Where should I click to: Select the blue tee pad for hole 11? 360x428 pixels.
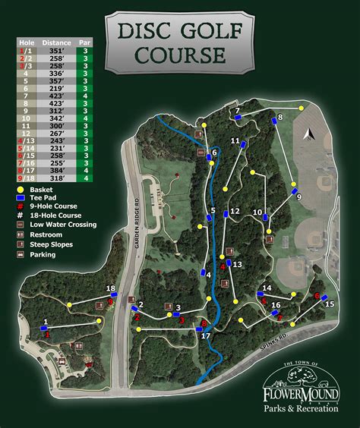click(x=243, y=143)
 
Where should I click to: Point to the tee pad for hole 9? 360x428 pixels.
click(x=294, y=191)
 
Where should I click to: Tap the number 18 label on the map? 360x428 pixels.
click(x=111, y=288)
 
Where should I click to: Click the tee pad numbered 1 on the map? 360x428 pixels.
click(x=44, y=329)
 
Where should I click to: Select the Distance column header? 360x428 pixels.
click(x=57, y=42)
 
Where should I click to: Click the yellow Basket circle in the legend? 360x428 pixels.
click(x=19, y=189)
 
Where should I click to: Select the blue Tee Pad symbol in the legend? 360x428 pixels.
click(x=19, y=197)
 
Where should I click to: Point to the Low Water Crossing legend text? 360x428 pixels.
click(x=63, y=224)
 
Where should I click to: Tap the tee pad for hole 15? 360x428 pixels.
click(x=324, y=297)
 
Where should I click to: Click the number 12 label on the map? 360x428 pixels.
click(x=235, y=211)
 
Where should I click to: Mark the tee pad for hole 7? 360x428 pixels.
click(x=235, y=118)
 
